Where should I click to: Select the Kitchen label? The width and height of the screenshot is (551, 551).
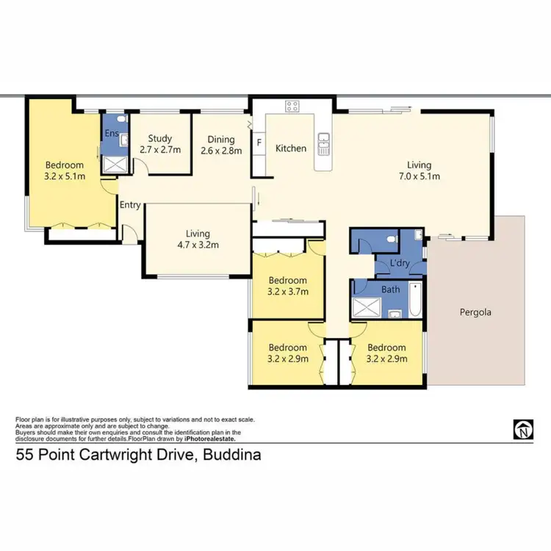pyautogui.click(x=291, y=148)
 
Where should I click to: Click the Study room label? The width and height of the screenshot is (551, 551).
pyautogui.click(x=159, y=138)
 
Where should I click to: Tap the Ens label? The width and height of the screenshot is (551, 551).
pyautogui.click(x=112, y=134)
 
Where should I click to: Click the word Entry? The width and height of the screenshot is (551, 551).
pyautogui.click(x=130, y=205)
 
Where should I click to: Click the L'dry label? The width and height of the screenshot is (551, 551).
pyautogui.click(x=400, y=263)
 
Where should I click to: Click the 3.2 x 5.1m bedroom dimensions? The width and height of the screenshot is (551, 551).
pyautogui.click(x=65, y=177)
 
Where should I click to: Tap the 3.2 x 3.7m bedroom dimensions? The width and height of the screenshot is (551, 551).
pyautogui.click(x=287, y=292)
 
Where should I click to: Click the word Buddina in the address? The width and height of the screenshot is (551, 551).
pyautogui.click(x=234, y=455)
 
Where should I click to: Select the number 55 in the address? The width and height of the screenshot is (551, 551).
pyautogui.click(x=24, y=455)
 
